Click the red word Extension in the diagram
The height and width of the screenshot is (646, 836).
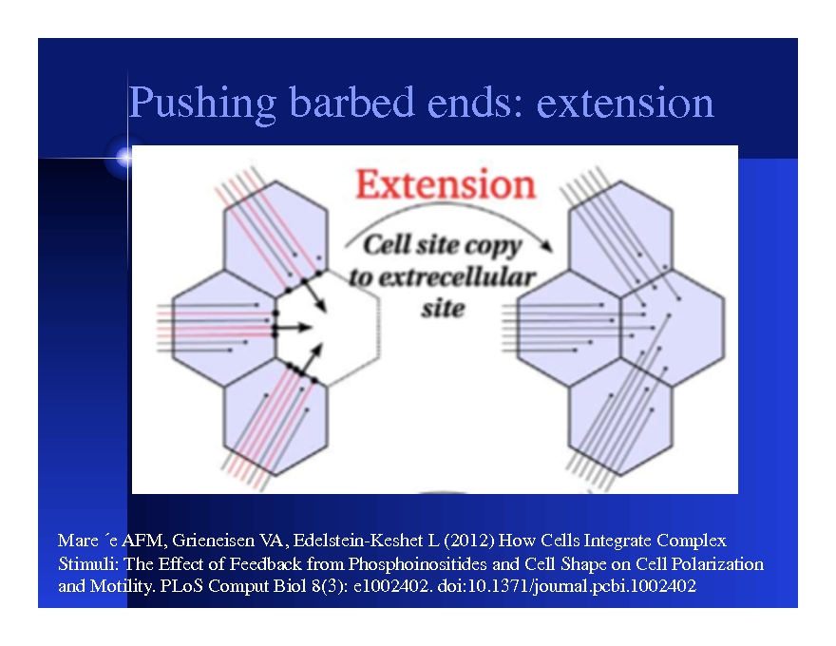point(446,185)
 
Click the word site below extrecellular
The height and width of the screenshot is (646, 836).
point(442,308)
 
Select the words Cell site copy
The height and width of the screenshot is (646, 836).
point(443,245)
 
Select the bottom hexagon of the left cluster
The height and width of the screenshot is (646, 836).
point(273,424)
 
